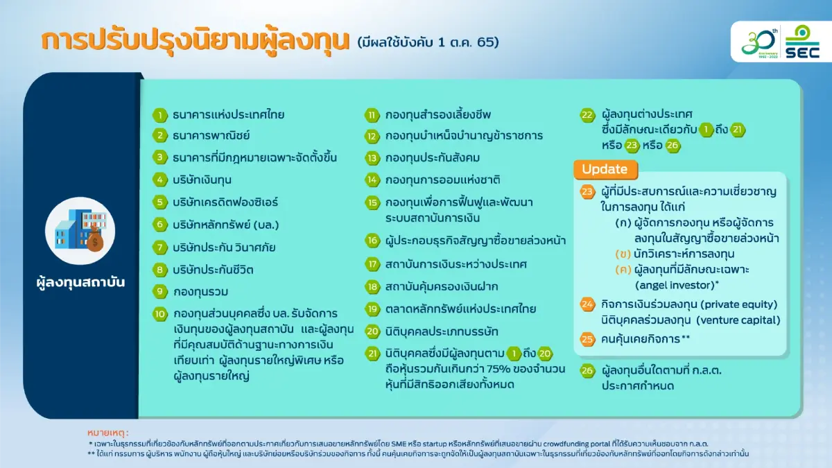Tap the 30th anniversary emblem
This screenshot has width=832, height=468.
pyautogui.click(x=759, y=43)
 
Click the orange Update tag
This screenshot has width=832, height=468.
pyautogui.click(x=604, y=169)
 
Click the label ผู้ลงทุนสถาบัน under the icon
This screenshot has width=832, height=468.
pyautogui.click(x=80, y=283)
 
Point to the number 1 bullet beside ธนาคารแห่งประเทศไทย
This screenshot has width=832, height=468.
pyautogui.click(x=161, y=115)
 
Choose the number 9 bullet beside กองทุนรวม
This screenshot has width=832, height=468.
pyautogui.click(x=161, y=291)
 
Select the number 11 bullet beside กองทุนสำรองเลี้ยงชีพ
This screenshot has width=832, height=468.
pyautogui.click(x=373, y=115)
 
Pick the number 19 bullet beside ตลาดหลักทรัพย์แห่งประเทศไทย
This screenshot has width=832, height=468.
pyautogui.click(x=373, y=309)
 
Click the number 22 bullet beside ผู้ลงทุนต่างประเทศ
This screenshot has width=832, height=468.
pyautogui.click(x=588, y=115)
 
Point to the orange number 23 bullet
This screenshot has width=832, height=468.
pyautogui.click(x=588, y=191)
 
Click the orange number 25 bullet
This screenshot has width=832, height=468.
pyautogui.click(x=588, y=340)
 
